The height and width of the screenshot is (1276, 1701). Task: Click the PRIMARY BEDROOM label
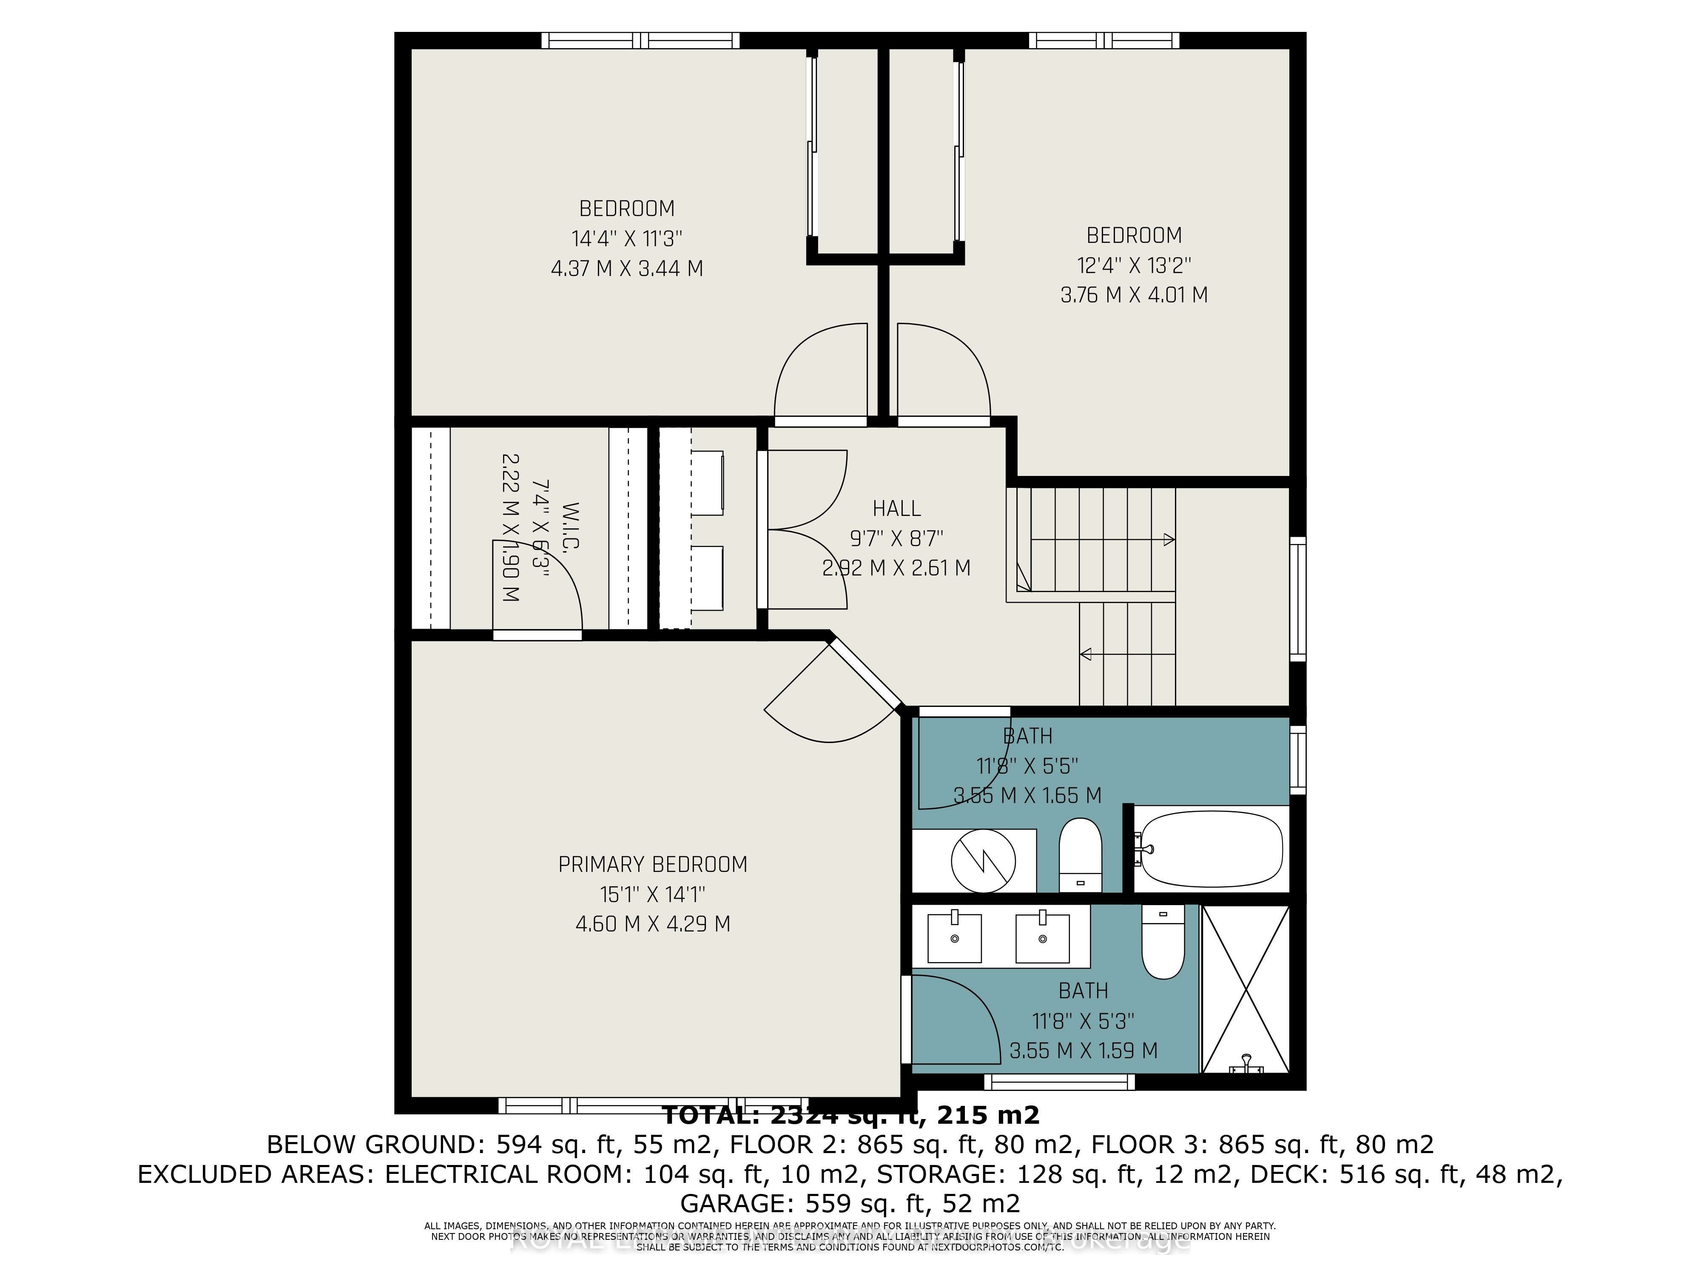[x=652, y=865]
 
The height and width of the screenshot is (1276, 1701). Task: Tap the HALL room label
[x=896, y=508]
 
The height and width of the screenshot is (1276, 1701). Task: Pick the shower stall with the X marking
[x=1245, y=989]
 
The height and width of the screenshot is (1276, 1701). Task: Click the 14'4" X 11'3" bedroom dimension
[x=627, y=239]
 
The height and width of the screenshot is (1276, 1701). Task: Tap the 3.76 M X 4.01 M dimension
[x=1133, y=295]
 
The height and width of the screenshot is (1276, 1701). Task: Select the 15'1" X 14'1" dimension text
[x=652, y=894]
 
